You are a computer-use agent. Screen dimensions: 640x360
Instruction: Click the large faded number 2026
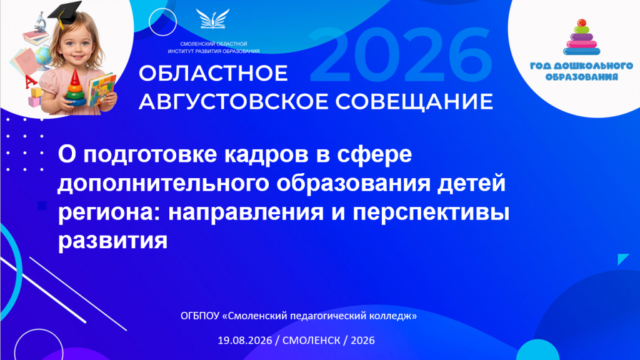coord(401,55)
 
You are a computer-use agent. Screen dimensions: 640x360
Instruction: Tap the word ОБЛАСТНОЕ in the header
coord(214,74)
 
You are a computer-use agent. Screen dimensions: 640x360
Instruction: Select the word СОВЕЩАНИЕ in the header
coord(414,102)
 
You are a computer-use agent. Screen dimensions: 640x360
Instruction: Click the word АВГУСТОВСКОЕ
coord(234,102)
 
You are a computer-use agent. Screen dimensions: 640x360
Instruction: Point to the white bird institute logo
coord(212,19)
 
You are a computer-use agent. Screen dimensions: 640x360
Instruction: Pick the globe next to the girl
coord(44,57)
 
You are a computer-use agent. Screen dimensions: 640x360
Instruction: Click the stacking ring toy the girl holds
coord(75,89)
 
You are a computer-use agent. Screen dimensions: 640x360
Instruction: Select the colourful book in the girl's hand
coord(101,89)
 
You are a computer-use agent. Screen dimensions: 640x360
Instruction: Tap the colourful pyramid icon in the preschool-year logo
coord(582,37)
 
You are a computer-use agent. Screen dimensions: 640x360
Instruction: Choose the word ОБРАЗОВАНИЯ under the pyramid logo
coord(582,77)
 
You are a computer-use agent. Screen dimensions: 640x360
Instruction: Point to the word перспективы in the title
coord(431,212)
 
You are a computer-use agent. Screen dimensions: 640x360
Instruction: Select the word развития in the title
coord(112,241)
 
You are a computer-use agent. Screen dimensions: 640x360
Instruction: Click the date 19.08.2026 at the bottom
coord(244,341)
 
